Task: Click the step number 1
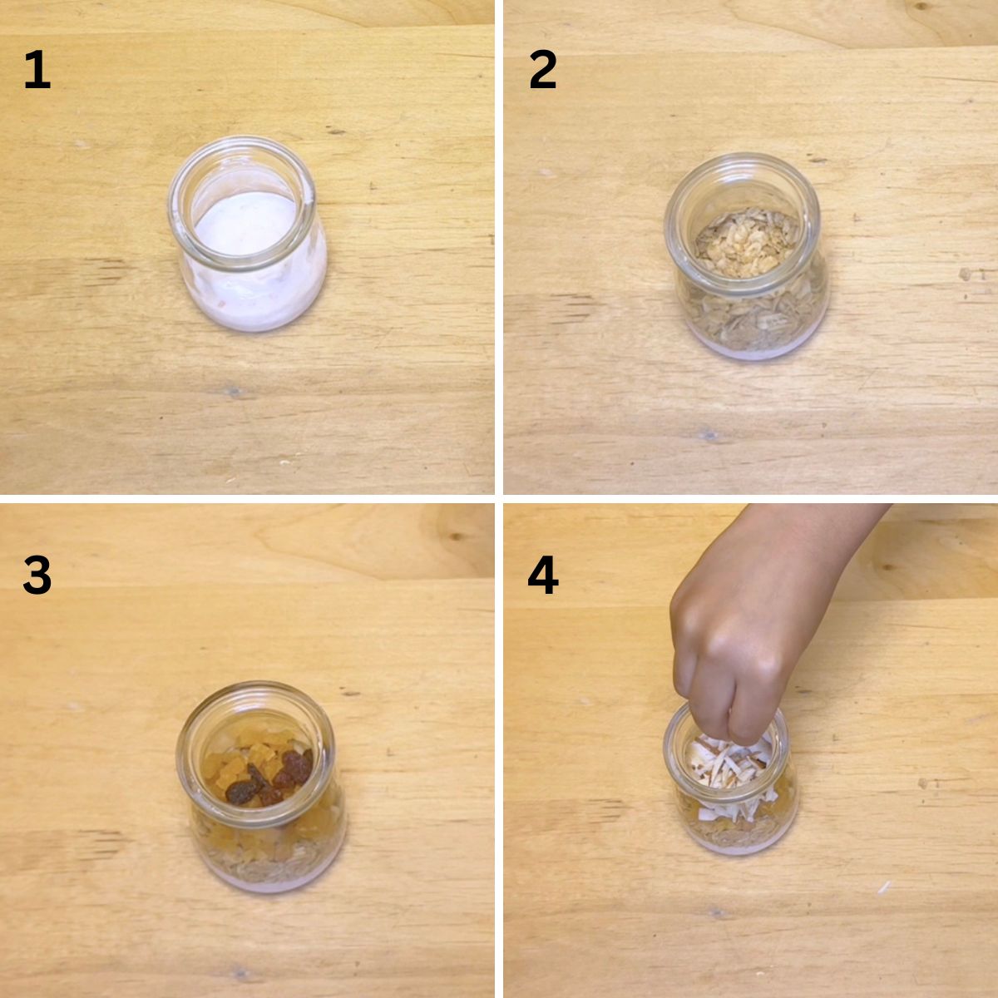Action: click(37, 69)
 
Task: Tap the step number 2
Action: click(543, 69)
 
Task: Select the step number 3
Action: click(37, 575)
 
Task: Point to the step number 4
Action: click(543, 575)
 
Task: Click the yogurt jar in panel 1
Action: click(248, 234)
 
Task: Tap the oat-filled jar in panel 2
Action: click(746, 256)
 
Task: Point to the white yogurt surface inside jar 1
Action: click(246, 224)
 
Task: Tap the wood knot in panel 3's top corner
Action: click(455, 536)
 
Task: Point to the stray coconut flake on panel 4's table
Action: click(884, 887)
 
